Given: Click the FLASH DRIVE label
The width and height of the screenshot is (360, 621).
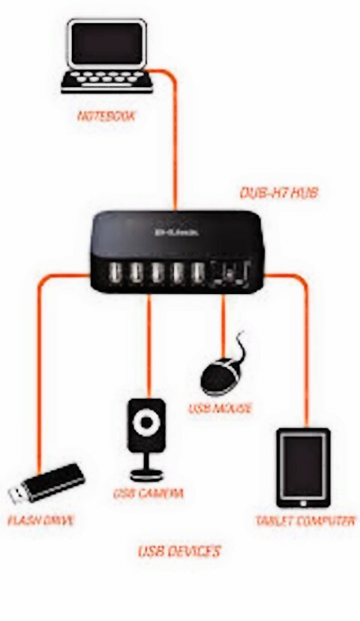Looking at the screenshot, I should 41,519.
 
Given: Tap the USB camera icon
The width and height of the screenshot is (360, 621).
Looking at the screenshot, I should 147,439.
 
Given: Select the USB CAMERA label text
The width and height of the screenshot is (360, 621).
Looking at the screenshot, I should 148,493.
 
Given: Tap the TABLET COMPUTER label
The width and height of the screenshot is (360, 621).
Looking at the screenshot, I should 304,520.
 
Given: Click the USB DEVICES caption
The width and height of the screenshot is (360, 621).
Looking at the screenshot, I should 179,551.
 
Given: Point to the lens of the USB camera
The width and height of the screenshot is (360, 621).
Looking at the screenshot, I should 147,422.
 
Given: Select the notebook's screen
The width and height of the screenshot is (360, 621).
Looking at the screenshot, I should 107,42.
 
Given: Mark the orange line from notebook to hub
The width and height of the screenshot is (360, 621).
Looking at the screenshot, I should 175,142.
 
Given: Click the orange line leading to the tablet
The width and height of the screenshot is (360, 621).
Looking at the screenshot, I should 307,352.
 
